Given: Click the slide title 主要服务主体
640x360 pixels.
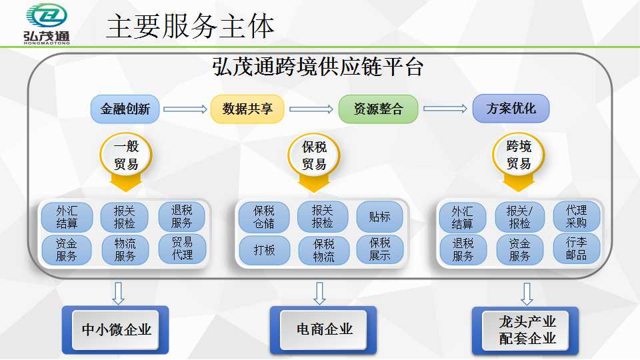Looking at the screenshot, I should [190, 27].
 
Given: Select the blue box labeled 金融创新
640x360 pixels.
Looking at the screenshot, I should [125, 109].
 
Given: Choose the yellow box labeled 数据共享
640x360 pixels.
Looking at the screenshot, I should [247, 109].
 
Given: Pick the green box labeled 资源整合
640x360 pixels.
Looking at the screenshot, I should [378, 109].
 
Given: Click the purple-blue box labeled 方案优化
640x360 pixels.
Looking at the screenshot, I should [511, 109].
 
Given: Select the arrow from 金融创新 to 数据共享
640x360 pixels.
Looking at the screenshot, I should [185, 109].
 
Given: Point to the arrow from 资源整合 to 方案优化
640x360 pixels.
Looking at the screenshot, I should [445, 109].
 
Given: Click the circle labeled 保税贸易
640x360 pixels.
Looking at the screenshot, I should [314, 155].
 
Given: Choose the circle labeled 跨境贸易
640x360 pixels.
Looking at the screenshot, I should [518, 155].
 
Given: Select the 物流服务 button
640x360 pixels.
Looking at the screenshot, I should [125, 249].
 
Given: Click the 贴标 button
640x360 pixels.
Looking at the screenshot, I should [379, 217].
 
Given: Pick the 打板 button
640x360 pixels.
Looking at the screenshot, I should [264, 250].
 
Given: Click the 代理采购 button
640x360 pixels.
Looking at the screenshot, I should [576, 217].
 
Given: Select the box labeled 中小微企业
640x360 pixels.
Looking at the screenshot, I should [116, 329].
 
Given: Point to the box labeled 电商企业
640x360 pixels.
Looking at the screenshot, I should [324, 329].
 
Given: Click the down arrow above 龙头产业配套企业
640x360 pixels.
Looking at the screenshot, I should [527, 293].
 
